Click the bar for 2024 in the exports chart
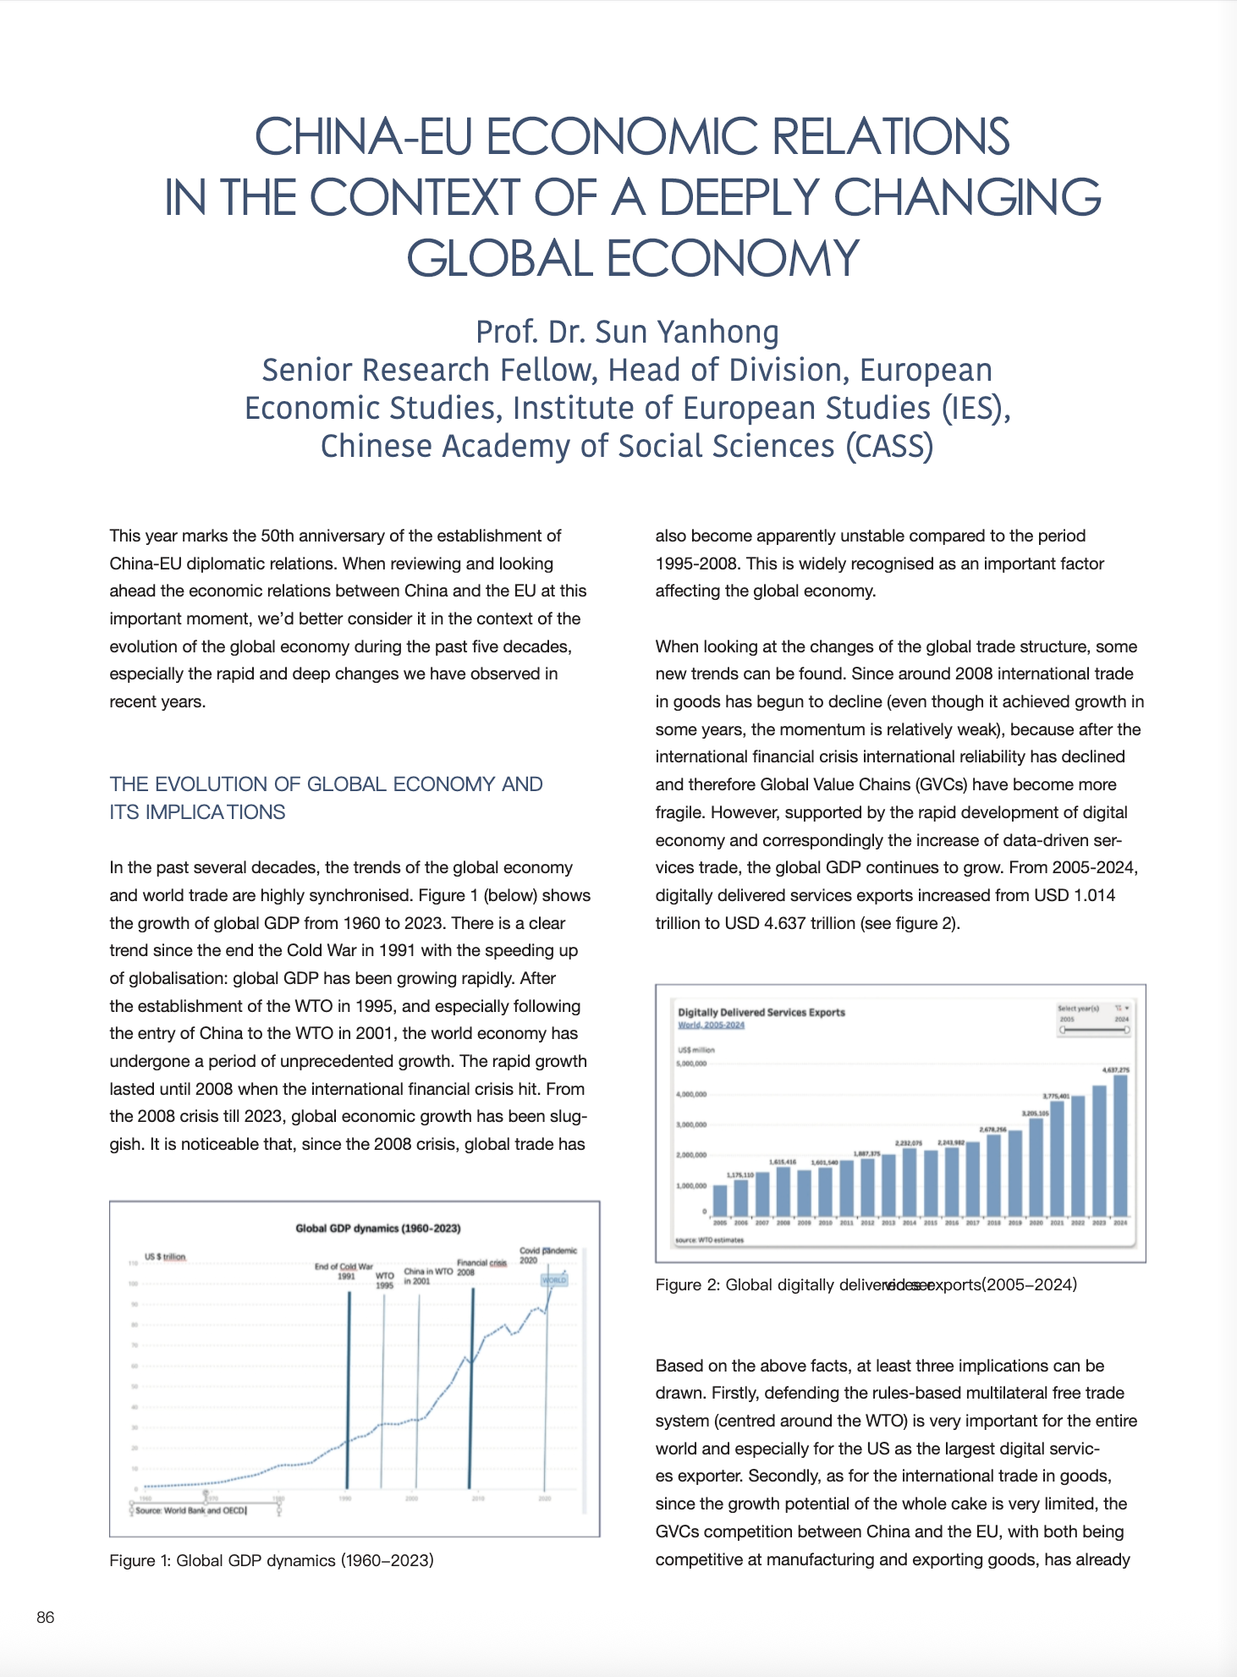1120,1145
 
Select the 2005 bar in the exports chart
720,1200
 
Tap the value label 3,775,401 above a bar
1057,1096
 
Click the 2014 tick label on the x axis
910,1223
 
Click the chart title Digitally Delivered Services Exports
761,1012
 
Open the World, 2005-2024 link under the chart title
711,1025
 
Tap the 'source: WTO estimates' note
710,1240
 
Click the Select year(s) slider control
1095,1029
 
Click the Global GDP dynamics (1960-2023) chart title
377,1228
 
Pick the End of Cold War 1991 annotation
344,1271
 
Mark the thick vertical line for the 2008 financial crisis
471,1388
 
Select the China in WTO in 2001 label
427,1276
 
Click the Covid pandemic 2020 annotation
547,1255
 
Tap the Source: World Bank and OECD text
190,1509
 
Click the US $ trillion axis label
165,1256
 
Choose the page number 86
46,1617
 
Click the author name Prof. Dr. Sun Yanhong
627,332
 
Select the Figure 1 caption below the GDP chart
272,1559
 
